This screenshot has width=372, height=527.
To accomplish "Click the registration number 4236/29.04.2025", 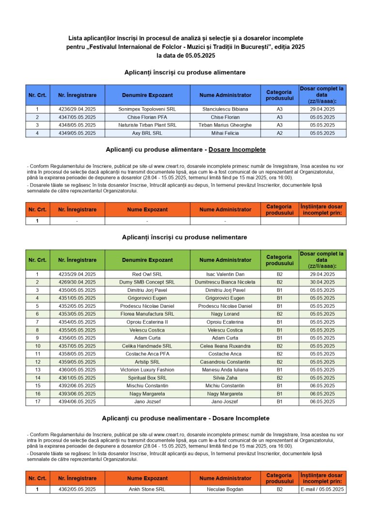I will click(77, 110).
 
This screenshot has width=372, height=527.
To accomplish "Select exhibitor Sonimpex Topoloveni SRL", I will click(147, 110).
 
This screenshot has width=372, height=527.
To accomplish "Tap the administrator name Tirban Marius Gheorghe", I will click(225, 125).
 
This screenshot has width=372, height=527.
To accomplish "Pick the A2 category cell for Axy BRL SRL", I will click(279, 133).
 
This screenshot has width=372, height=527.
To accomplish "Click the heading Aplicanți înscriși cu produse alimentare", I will click(185, 72).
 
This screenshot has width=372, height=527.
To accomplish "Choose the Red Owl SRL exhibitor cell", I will click(147, 274).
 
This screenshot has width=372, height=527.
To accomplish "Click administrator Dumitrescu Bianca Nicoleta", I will click(225, 282).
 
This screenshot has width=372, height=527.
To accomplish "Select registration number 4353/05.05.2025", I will click(77, 314).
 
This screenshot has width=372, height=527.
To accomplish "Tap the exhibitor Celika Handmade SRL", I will click(147, 346).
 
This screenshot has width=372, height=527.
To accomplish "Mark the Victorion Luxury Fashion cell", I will click(147, 370).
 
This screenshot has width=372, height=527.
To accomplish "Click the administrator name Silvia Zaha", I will click(225, 378).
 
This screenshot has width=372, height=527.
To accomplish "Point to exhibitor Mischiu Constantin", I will click(147, 386).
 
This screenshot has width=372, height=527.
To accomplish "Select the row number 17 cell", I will click(37, 402).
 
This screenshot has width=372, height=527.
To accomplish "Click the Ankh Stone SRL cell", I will click(147, 490).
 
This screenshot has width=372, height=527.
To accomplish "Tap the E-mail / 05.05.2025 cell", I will click(322, 490).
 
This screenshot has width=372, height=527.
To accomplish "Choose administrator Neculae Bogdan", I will click(225, 490).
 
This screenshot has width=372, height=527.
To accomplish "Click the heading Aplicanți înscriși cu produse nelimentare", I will click(185, 237).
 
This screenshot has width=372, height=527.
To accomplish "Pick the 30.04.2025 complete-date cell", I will click(322, 282).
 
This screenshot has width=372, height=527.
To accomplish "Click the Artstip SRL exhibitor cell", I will click(147, 362).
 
